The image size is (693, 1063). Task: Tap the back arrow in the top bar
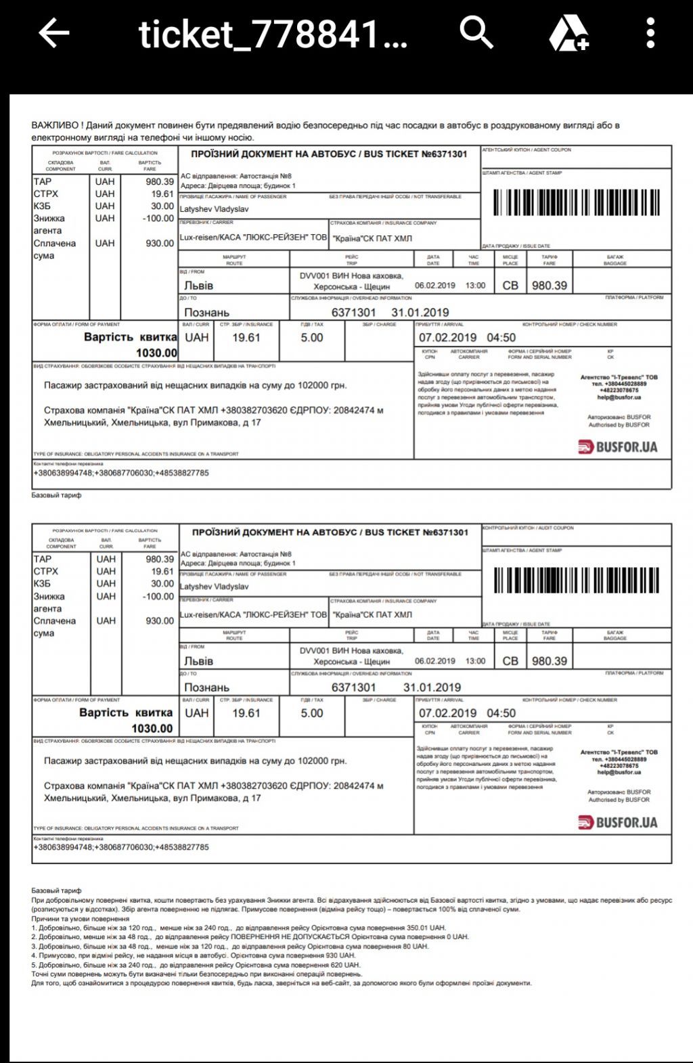(53, 33)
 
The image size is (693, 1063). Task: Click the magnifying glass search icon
(476, 32)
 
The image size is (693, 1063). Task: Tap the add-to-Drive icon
(568, 33)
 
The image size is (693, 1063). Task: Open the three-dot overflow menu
(650, 33)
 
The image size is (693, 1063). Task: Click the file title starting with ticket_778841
(273, 34)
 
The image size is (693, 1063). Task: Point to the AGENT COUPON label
(527, 150)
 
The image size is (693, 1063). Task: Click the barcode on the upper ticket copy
(576, 202)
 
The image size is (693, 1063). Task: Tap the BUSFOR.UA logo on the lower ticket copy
(618, 823)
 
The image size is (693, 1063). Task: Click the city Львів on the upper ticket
(199, 286)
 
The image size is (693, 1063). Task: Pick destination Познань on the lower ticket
(206, 687)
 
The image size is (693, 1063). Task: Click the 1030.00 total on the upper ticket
(156, 353)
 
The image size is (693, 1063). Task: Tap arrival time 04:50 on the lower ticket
(501, 713)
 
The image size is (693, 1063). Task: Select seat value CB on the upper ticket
(510, 286)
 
